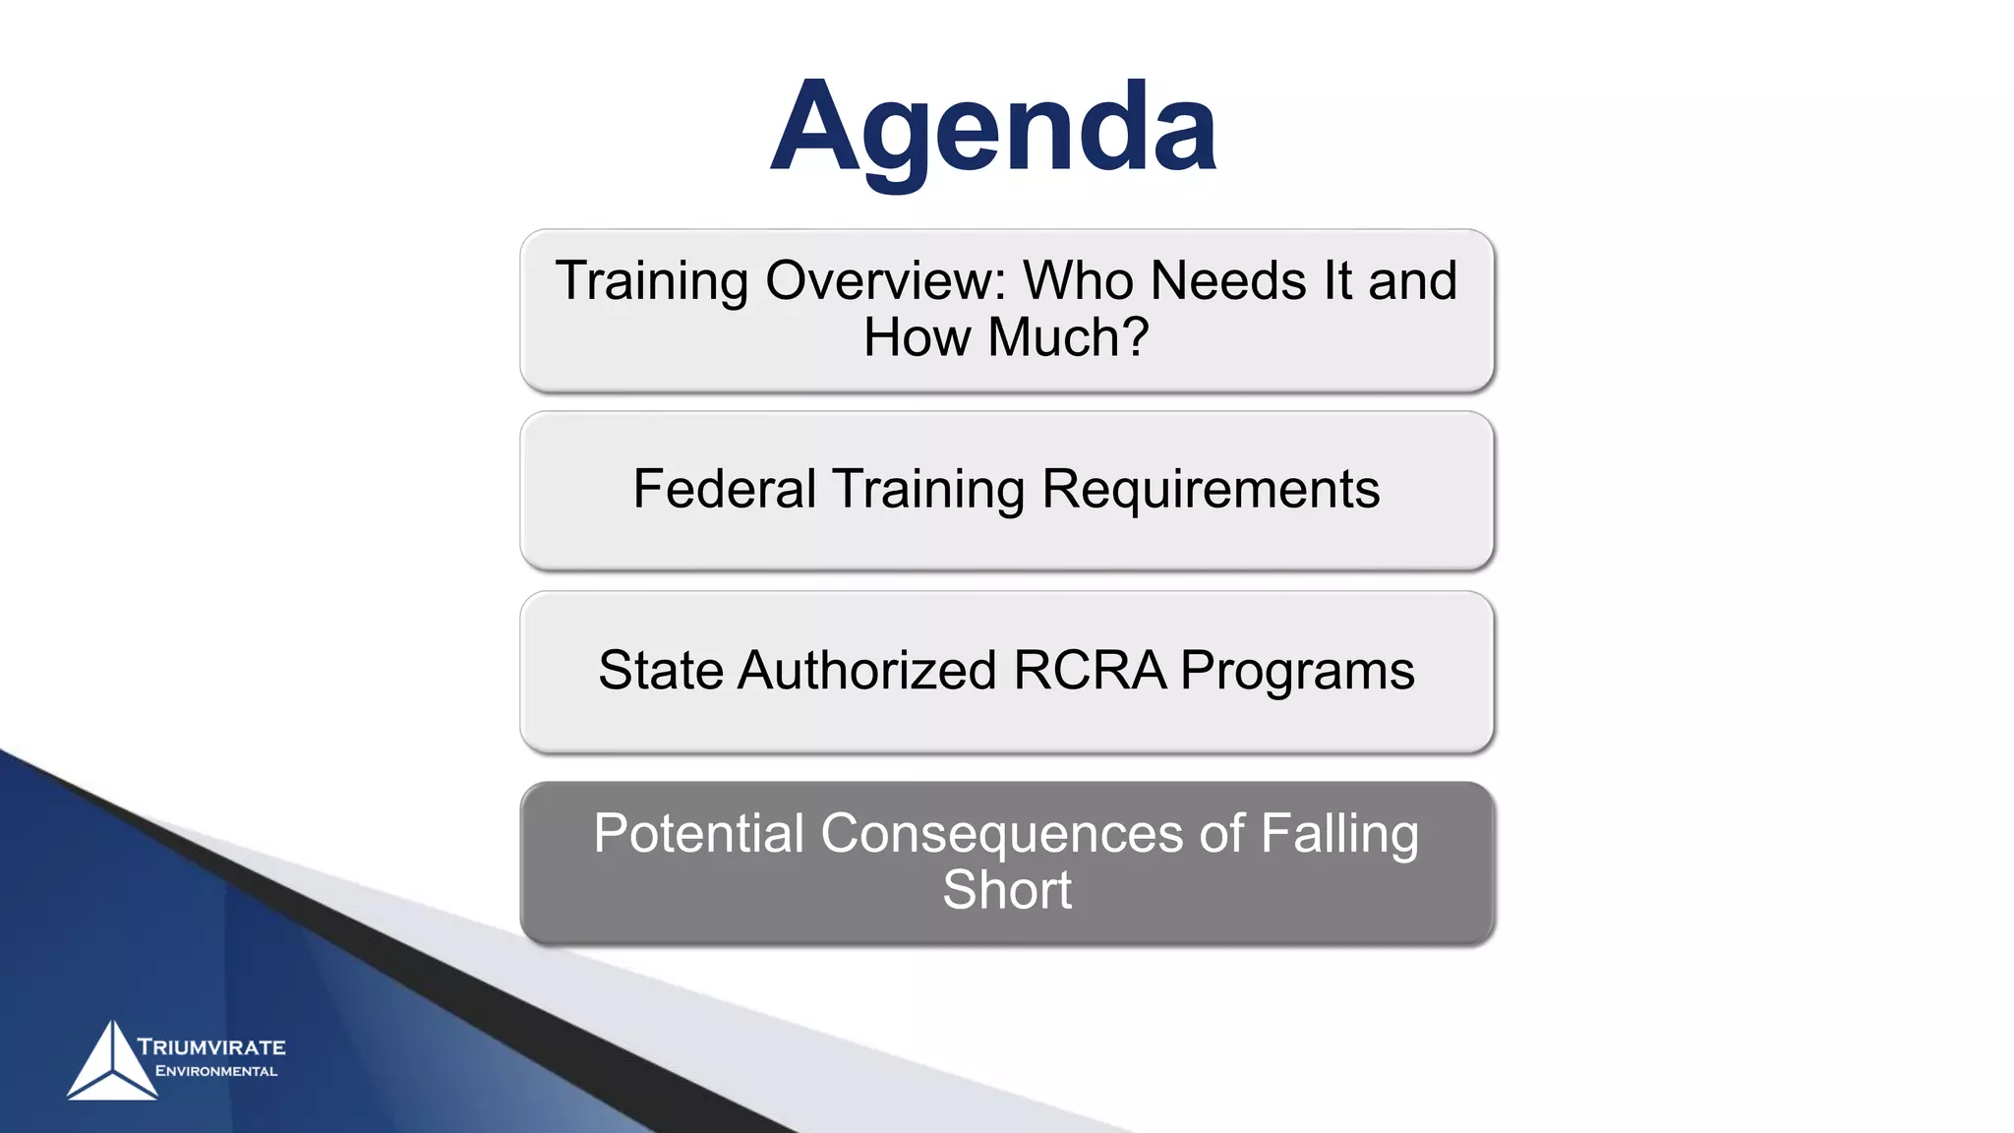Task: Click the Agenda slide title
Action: point(993,128)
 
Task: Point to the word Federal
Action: point(724,489)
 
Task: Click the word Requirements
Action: point(1211,489)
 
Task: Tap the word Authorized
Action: point(867,671)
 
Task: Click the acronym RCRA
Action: point(1090,671)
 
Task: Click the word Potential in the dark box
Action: point(699,834)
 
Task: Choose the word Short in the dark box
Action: point(1007,890)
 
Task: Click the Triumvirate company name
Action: point(211,1047)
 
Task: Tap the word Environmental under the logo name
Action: point(216,1071)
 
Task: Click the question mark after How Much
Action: point(1137,337)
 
